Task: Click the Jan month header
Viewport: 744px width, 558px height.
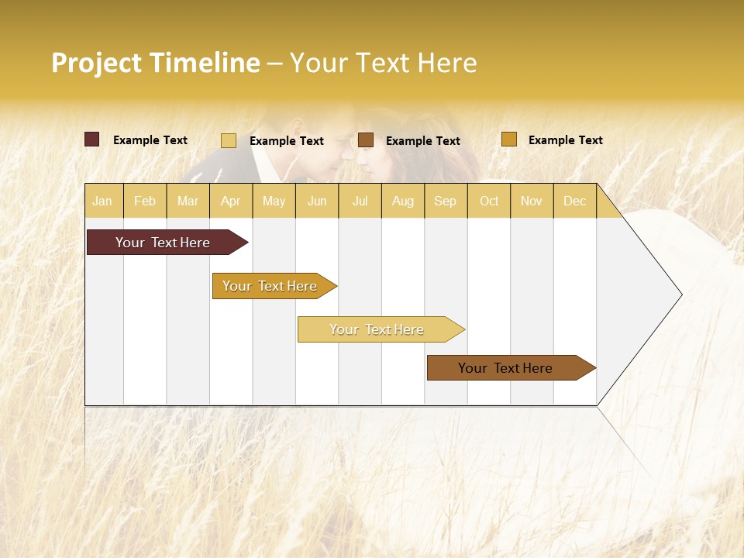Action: tap(103, 201)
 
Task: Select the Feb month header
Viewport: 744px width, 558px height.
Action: tap(145, 201)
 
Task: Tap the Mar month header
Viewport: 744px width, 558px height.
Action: tap(188, 201)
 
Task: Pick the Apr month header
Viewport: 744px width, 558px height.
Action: tap(231, 201)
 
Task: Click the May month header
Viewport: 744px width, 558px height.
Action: tap(274, 201)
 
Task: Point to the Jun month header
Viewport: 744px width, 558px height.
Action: tap(317, 201)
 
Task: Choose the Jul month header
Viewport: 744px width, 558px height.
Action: tap(360, 201)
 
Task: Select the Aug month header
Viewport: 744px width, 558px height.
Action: tap(403, 201)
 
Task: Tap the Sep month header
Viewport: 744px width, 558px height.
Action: tap(446, 201)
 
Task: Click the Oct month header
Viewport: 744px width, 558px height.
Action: tap(489, 201)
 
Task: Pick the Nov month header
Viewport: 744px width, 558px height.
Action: tap(532, 201)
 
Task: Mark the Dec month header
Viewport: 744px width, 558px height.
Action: tap(574, 201)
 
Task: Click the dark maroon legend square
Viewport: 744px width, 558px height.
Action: tap(91, 139)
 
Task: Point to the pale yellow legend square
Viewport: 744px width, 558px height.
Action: tap(229, 140)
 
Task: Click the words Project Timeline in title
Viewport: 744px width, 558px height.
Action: tap(156, 63)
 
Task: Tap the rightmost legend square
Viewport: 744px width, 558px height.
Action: tap(509, 139)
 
